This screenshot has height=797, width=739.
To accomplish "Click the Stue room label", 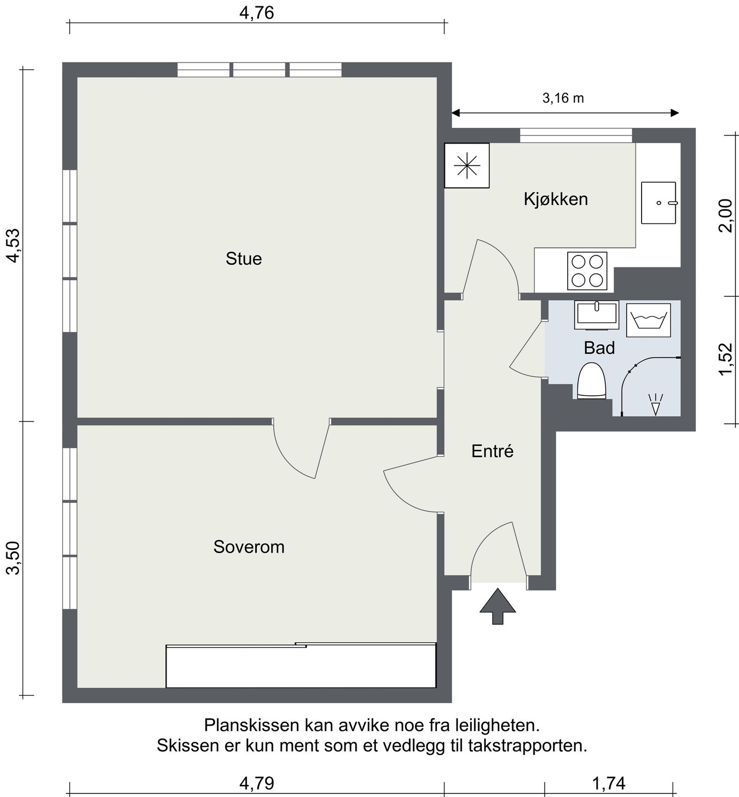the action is coord(243,259).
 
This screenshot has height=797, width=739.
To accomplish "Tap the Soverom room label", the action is coord(248,547).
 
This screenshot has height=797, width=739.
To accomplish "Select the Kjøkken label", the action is coord(556,199).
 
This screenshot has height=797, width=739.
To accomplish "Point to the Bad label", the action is coord(599,348).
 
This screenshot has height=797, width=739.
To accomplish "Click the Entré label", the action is coord(492,451).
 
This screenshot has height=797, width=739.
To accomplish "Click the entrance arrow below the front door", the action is coord(497,606).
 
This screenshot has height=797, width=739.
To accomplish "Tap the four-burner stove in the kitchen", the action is coord(587,271).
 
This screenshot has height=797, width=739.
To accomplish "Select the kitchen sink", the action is coord(659,203).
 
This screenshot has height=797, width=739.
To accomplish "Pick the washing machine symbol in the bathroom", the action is coord(648,320).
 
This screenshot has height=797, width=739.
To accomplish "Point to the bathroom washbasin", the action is coord(597,315).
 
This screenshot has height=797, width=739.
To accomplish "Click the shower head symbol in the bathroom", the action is coord(655,405).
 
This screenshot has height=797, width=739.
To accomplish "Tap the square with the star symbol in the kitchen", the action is coord(466,165).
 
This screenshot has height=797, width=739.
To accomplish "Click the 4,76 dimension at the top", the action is coord(257,12).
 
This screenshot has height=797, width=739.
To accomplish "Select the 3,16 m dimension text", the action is coord(563,98).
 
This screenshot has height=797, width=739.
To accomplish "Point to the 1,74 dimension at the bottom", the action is coord(609,783).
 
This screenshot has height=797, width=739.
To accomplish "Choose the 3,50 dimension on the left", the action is coord(14,558).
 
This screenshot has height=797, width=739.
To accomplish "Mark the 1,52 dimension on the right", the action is coord(726,359).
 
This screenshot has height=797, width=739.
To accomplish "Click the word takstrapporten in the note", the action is coord(527,745).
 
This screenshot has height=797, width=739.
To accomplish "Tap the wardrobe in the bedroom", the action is coord(301,665).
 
